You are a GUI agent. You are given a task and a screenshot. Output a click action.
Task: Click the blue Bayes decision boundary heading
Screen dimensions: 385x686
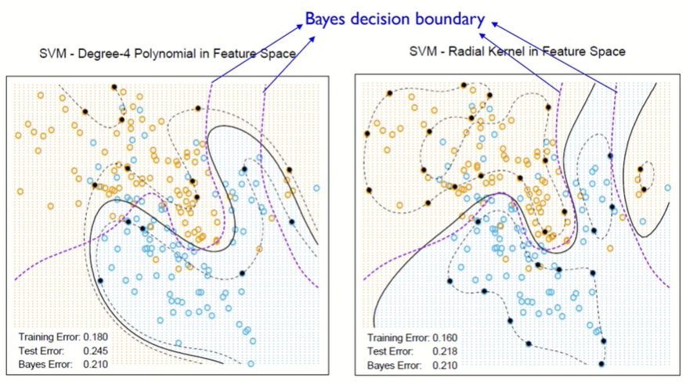(x=395, y=18)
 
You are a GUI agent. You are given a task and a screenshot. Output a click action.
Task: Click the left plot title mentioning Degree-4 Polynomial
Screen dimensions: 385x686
(x=167, y=54)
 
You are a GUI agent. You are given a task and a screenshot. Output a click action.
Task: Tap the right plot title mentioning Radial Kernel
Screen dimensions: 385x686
(x=517, y=52)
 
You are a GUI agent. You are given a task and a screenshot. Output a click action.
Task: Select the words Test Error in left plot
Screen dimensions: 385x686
(x=40, y=351)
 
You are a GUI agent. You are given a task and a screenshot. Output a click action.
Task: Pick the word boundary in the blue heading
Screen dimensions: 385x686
(x=452, y=18)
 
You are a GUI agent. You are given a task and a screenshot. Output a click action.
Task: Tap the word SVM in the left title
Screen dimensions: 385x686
(x=52, y=54)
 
